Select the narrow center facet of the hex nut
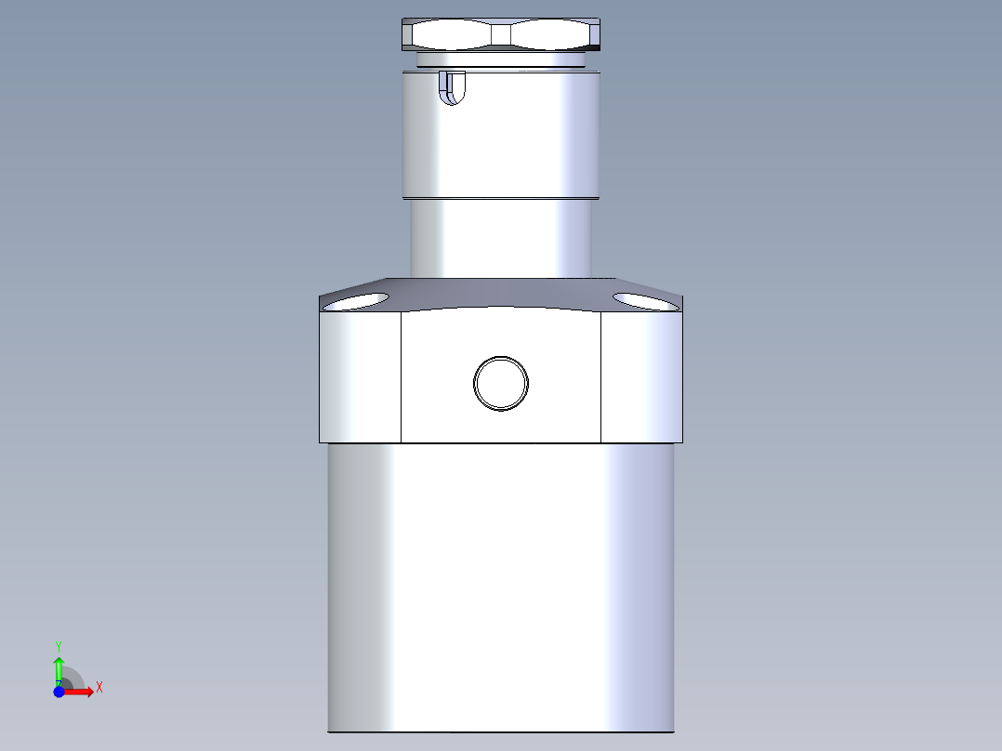(501, 35)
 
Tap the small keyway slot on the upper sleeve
(452, 88)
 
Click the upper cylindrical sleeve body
(501, 139)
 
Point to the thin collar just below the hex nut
(501, 60)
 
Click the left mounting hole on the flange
(357, 301)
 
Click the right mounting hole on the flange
(645, 301)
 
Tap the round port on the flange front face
(501, 383)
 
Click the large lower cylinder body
(501, 586)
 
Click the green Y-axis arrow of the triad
(59, 667)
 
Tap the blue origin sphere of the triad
(59, 692)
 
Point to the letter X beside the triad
(99, 688)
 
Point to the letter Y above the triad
(59, 645)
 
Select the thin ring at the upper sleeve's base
(501, 198)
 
